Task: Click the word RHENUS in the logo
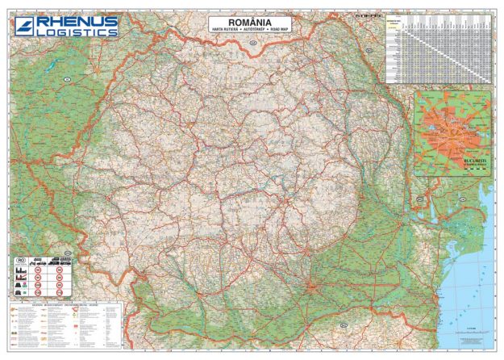77,21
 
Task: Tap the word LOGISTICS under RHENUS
77,32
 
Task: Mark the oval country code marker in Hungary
68,78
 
